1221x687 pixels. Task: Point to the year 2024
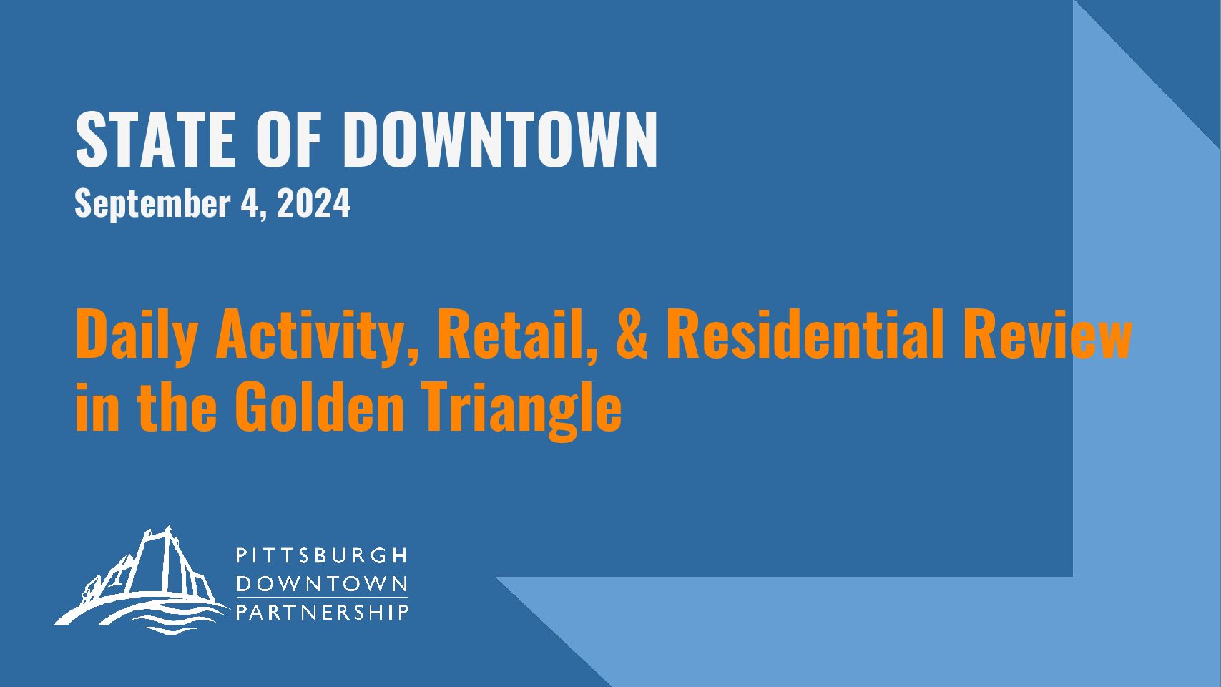point(313,203)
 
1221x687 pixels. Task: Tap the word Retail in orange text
point(518,333)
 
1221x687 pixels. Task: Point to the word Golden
point(320,406)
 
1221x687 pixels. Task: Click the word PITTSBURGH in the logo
point(322,555)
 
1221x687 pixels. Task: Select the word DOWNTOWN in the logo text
point(322,584)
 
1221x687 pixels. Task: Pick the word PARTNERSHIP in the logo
point(322,612)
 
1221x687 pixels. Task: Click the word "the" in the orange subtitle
point(177,406)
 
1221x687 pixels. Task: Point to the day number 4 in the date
point(249,203)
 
